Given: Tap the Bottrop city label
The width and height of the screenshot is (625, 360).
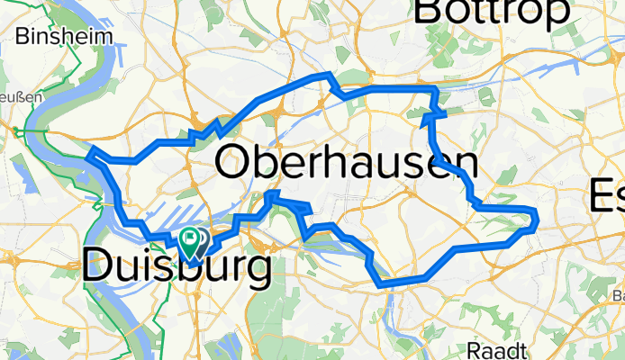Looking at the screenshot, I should tap(494, 12).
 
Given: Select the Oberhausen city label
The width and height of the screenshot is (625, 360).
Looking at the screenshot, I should tap(347, 165).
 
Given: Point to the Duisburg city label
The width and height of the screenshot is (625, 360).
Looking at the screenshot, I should tap(177, 267).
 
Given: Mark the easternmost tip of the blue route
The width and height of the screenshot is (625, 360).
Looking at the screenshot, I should tap(536, 216).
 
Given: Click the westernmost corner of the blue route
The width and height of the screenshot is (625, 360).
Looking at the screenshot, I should tap(87, 155).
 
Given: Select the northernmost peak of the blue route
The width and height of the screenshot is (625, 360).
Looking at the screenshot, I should tap(328, 75).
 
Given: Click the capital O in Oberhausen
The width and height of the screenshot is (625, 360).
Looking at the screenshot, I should tap(236, 165).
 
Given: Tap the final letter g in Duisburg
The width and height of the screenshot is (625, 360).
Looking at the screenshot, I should tap(255, 272).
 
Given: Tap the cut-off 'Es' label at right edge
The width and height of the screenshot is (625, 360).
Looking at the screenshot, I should tap(607, 196).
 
